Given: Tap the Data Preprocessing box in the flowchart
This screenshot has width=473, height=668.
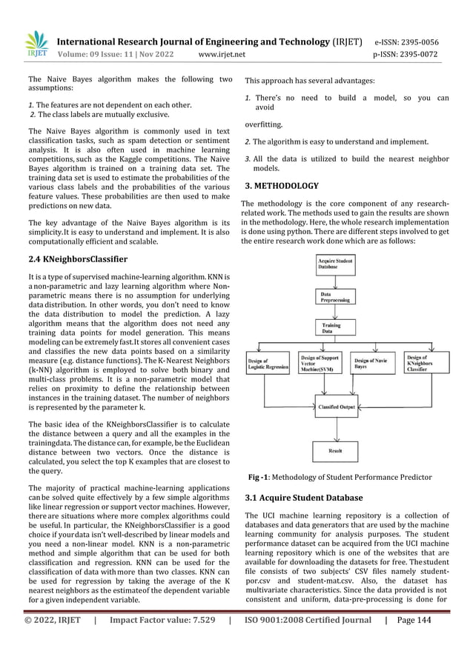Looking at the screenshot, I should [336, 297].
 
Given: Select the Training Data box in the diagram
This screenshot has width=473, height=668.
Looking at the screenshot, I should [336, 329].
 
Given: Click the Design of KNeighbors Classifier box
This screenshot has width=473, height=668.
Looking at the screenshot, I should [427, 364].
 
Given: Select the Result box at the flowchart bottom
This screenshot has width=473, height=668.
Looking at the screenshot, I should [336, 450].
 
